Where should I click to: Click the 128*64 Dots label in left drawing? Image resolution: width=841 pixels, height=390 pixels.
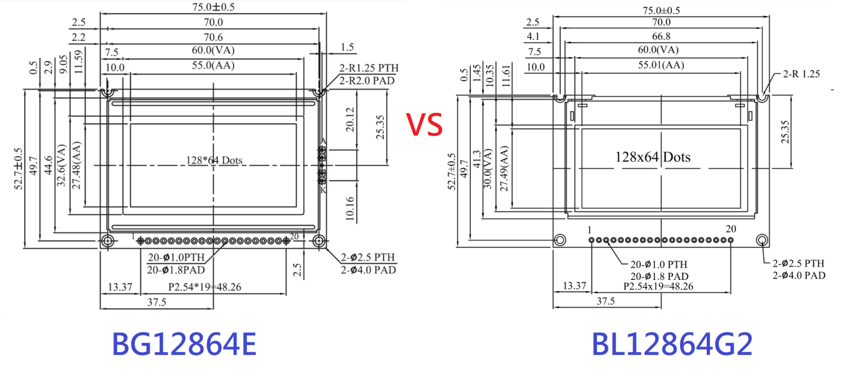click(214, 161)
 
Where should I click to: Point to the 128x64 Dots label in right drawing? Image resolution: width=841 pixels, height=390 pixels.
click(653, 157)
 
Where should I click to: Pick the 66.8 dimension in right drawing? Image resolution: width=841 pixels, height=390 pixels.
click(661, 36)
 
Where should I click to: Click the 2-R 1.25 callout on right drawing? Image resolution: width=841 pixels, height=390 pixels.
click(801, 74)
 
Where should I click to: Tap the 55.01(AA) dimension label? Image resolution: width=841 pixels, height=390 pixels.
click(661, 65)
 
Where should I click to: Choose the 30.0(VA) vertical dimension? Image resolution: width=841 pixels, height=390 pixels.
click(487, 169)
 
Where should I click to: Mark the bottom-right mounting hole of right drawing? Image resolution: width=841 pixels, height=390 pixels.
click(762, 240)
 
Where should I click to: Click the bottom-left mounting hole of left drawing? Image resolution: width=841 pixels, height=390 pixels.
click(107, 241)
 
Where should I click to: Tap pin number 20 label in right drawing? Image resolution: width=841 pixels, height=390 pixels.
click(730, 229)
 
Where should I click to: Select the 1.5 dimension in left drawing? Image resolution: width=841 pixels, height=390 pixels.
click(348, 48)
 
